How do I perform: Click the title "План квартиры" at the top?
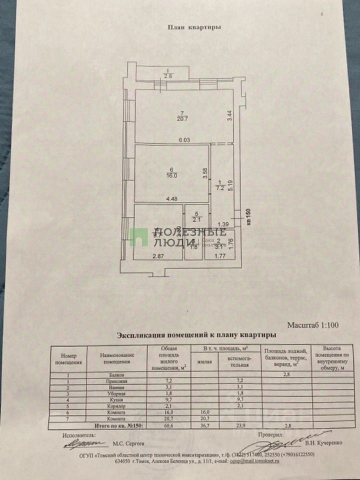pos(194,29)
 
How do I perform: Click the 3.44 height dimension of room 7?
pos(229,117)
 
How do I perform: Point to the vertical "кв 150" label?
pos(248,218)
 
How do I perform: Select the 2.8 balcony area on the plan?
pos(168,76)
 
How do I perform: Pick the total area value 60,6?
pos(167,425)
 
